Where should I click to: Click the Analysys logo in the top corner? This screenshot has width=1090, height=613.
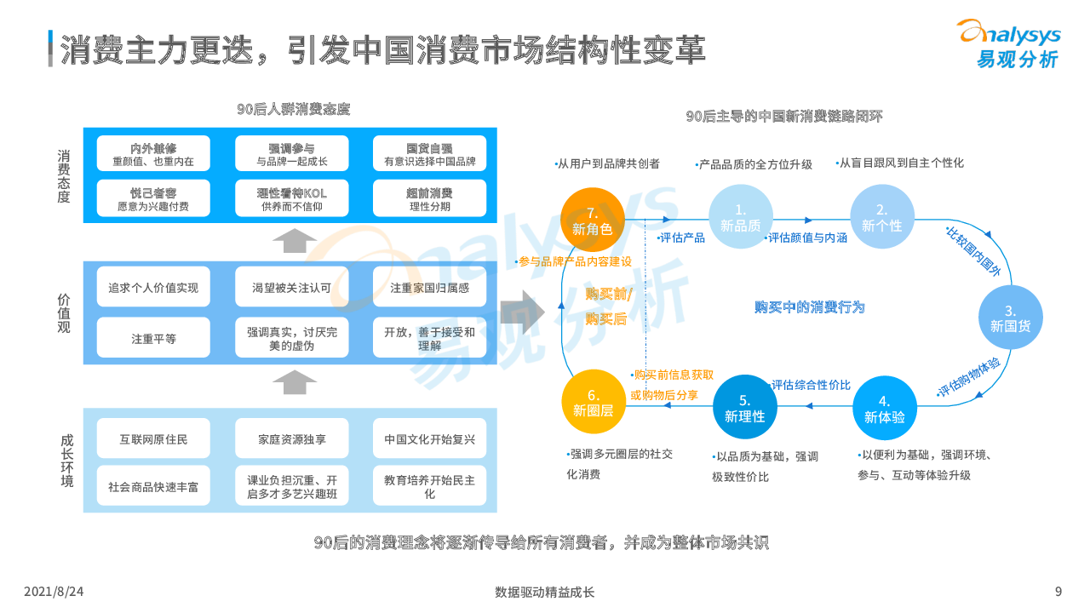[x=1009, y=43]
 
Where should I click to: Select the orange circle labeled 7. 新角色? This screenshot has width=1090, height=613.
[x=593, y=219]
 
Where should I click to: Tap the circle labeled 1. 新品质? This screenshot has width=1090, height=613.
[x=740, y=217]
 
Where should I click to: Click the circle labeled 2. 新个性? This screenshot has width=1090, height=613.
[x=881, y=217]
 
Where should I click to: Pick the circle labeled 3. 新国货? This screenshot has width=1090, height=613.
[x=1010, y=317]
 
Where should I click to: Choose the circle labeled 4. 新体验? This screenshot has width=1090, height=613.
[x=884, y=407]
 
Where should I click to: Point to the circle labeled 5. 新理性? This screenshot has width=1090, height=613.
[x=744, y=407]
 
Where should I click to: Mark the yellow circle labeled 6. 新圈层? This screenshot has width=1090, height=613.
[x=594, y=402]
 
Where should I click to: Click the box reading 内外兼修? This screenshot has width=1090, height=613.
[x=153, y=154]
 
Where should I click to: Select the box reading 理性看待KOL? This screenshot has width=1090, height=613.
[x=292, y=199]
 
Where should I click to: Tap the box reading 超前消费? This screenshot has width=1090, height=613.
[x=429, y=199]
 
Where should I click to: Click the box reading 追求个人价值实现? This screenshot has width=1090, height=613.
[x=153, y=288]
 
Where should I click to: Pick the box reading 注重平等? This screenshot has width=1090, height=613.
[x=153, y=338]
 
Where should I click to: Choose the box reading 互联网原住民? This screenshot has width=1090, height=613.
[x=153, y=439]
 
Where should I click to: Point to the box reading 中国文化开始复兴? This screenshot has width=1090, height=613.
[x=429, y=439]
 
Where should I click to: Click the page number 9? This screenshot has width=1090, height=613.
[x=1058, y=592]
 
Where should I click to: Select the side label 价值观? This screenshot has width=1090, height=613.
[x=65, y=313]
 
